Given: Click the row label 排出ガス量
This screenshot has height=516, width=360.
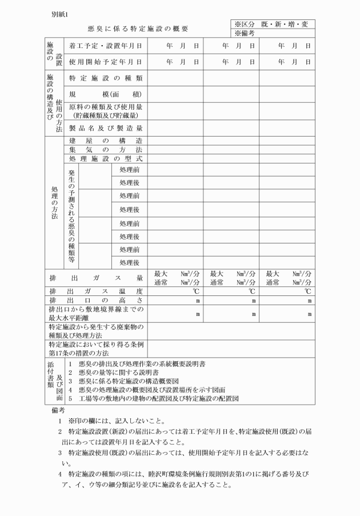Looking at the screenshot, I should tap(96, 278).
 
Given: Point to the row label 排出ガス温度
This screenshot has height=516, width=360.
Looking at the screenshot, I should tap(96, 291).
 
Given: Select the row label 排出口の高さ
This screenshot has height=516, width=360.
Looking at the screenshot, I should tap(96, 301).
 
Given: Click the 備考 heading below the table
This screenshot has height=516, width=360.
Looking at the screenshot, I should tap(59, 410).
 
